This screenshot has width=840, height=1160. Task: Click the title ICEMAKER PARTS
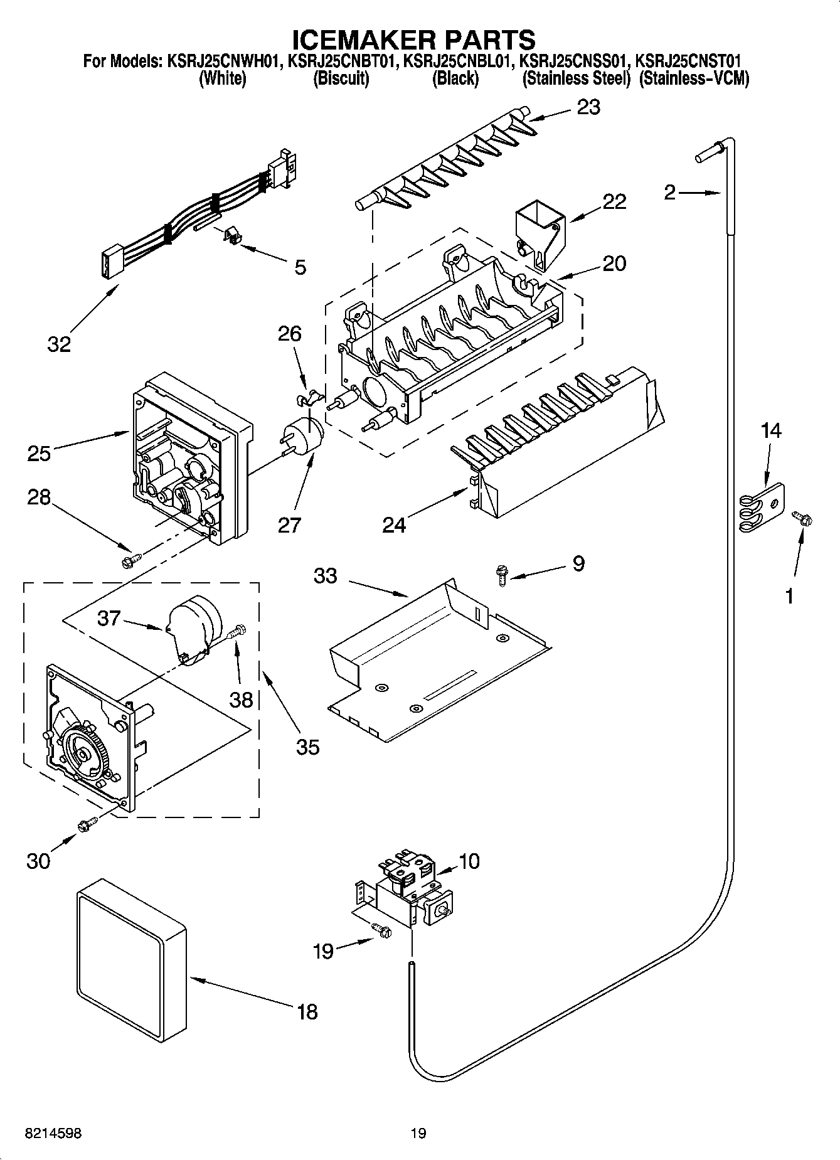tap(413, 40)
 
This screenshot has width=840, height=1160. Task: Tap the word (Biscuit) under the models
tap(341, 79)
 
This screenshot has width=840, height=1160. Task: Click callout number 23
tap(588, 107)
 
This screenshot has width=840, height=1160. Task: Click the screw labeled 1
tap(802, 518)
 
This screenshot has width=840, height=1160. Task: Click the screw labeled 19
tap(381, 932)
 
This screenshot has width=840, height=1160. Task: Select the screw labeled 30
tap(86, 825)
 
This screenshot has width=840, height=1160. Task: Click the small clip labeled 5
tap(233, 237)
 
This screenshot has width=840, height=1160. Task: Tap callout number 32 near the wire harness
tap(59, 344)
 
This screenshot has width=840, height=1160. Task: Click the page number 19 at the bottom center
tap(418, 1133)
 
